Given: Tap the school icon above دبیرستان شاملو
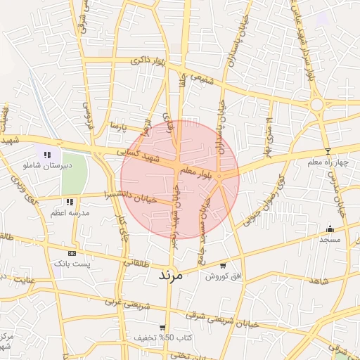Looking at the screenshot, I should tap(47, 155).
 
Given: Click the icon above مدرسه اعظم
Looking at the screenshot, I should tap(70, 202).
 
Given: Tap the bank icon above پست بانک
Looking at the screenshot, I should tap(72, 253).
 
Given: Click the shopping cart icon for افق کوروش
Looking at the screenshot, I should tap(223, 266).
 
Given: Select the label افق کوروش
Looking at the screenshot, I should tap(223, 276).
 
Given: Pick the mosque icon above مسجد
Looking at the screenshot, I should tap(330, 229).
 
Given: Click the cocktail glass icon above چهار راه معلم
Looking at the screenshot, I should tap(327, 152).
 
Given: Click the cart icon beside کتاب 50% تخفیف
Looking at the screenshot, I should tap(162, 328).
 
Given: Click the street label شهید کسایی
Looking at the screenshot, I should tap(138, 153).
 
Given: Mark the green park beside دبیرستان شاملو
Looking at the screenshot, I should tap(74, 173).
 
